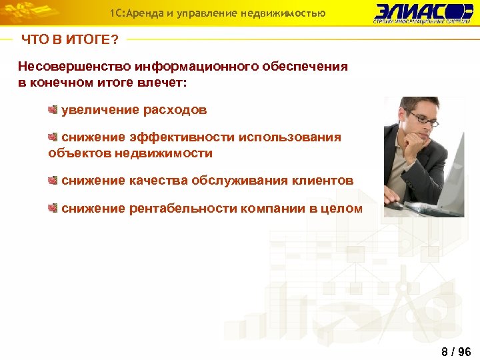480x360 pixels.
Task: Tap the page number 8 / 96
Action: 456,351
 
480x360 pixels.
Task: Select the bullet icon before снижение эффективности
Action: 53,137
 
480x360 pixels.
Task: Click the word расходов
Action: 175,110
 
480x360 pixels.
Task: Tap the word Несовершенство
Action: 74,67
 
